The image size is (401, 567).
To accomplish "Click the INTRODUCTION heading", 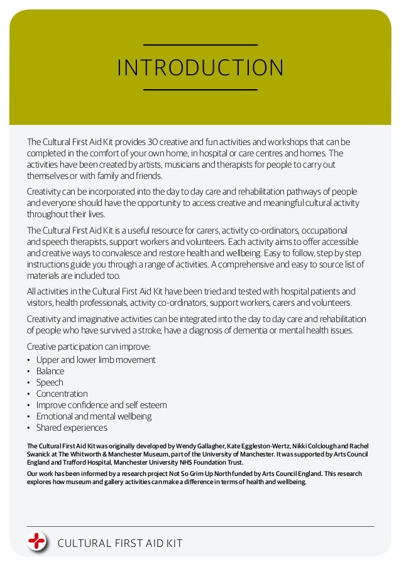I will (x=200, y=68).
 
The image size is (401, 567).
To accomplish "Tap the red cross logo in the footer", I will (x=38, y=541).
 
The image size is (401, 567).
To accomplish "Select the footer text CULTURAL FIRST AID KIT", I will (x=119, y=543).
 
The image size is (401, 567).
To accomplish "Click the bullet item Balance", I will (x=50, y=371).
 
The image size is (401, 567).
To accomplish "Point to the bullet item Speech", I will (x=50, y=382).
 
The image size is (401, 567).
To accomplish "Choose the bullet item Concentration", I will (x=62, y=394).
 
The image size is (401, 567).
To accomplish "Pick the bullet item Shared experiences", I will (x=72, y=428).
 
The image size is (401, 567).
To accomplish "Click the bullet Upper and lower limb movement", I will (x=96, y=360).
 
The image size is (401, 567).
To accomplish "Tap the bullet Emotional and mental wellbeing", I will (x=94, y=416).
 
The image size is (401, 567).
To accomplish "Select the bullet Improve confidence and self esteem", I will (x=101, y=405).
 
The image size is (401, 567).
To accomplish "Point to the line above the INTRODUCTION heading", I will (x=200, y=45).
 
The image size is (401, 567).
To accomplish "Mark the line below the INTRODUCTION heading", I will (x=200, y=90).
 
